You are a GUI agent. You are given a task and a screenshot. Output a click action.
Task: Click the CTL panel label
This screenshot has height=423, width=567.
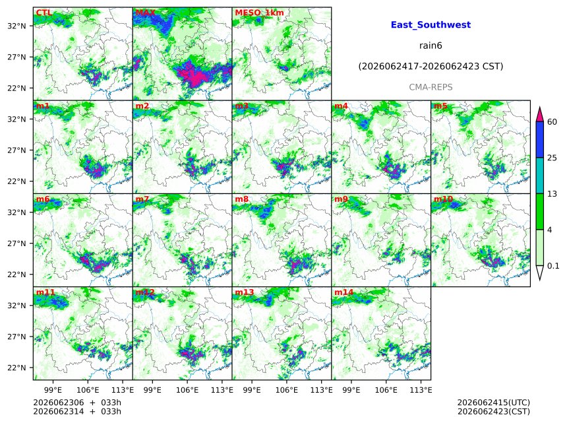(x=44, y=13)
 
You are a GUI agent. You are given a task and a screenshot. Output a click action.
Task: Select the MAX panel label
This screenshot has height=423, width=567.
(x=145, y=13)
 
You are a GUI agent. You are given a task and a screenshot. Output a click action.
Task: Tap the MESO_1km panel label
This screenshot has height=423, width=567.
(x=259, y=13)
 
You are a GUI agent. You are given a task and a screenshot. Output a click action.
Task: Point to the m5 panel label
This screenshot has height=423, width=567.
(x=440, y=106)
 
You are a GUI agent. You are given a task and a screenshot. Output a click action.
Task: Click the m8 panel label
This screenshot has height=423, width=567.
(x=241, y=199)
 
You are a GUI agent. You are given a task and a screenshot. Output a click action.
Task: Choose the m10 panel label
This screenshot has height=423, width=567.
(x=443, y=199)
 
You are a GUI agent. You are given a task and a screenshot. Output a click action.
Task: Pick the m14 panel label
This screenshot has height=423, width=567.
(x=343, y=292)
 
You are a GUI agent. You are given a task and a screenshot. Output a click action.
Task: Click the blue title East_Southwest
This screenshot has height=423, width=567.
(x=431, y=24)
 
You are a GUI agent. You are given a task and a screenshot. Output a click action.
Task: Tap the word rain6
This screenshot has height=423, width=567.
(x=431, y=46)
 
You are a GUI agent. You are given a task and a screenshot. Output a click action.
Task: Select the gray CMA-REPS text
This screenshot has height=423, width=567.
(x=431, y=87)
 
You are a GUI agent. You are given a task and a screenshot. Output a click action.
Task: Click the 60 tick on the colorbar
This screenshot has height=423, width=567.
(x=552, y=122)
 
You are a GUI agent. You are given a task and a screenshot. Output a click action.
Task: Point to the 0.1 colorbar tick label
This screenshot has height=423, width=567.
(x=553, y=266)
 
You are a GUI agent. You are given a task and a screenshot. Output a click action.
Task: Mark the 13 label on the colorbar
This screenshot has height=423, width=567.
(x=552, y=194)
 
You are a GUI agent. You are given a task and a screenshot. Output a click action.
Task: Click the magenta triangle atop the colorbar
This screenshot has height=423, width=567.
(x=539, y=115)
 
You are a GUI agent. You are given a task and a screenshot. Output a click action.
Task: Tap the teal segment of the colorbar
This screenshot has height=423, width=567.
(x=539, y=176)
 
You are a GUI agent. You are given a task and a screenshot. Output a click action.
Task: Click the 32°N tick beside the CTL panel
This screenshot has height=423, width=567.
(x=16, y=26)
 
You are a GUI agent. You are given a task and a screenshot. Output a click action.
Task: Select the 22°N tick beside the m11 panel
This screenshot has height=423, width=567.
(x=16, y=368)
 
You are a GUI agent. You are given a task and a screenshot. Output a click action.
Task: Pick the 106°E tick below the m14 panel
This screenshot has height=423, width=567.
(x=386, y=390)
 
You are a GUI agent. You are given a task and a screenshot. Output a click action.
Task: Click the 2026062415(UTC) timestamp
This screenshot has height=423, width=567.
(x=494, y=403)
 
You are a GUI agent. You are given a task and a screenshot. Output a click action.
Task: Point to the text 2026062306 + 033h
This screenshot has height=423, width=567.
(x=77, y=403)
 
